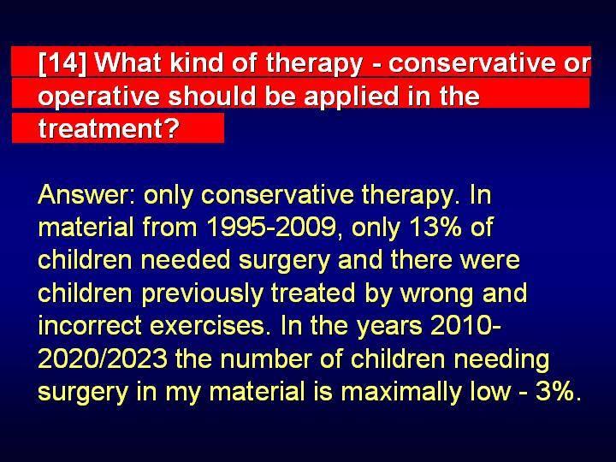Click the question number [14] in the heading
pyautogui.click(x=62, y=62)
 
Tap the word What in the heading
pyautogui.click(x=127, y=62)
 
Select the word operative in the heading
pyautogui.click(x=99, y=97)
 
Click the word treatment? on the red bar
pyautogui.click(x=109, y=128)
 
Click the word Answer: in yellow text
pyautogui.click(x=86, y=194)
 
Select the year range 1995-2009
pyautogui.click(x=271, y=227)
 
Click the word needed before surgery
pyautogui.click(x=186, y=260)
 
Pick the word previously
pyautogui.click(x=202, y=293)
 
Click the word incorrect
pyautogui.click(x=90, y=326)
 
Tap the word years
pyautogui.click(x=389, y=327)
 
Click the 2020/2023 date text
pyautogui.click(x=103, y=358)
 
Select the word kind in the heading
pyautogui.click(x=197, y=62)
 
